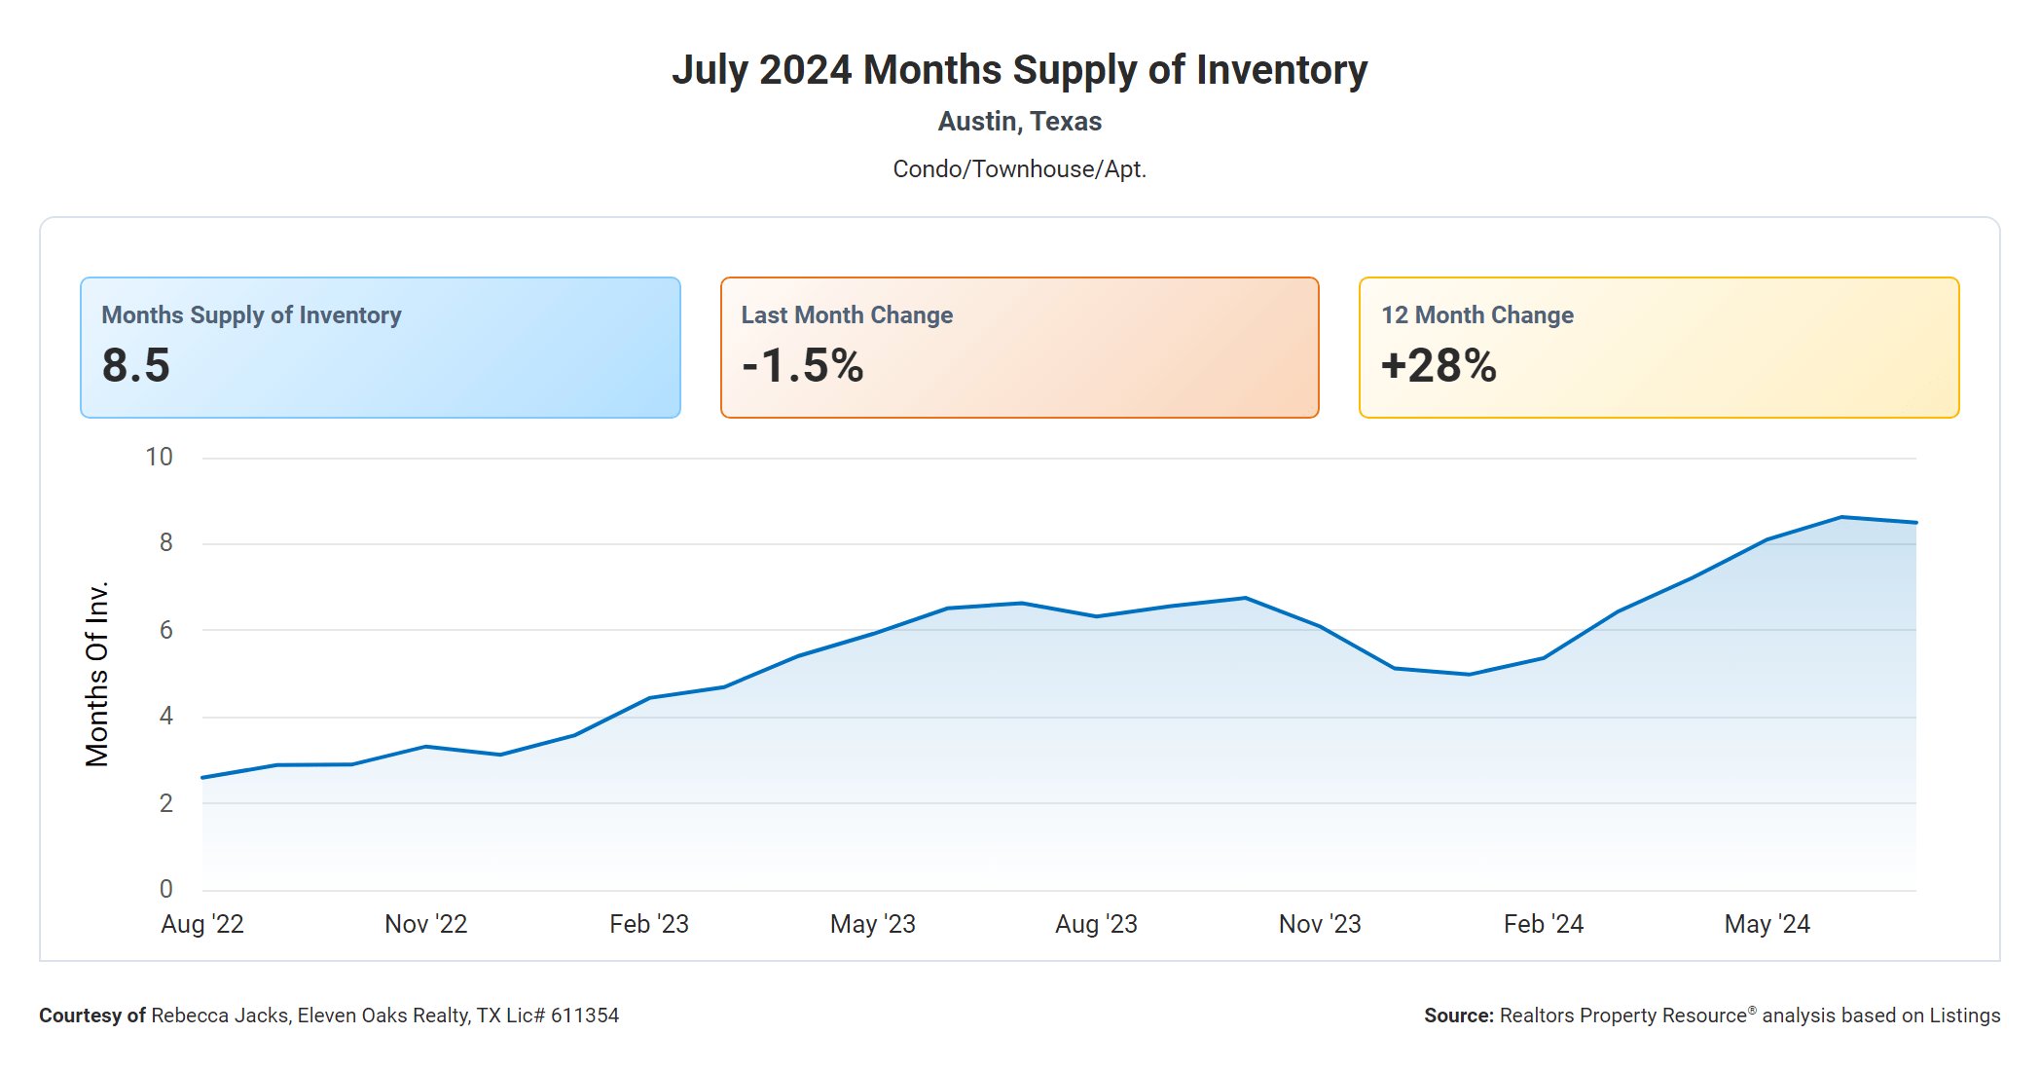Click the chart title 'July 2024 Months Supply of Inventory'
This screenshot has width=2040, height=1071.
click(1019, 70)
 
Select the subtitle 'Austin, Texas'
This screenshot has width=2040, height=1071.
click(1019, 122)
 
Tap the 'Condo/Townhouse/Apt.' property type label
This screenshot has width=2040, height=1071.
click(1019, 169)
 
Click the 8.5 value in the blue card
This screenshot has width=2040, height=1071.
click(136, 366)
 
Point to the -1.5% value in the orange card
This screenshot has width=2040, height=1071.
click(802, 366)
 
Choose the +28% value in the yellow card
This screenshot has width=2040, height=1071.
click(1439, 366)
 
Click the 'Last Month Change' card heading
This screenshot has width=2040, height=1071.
click(847, 315)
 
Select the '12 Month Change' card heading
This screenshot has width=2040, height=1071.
click(1476, 315)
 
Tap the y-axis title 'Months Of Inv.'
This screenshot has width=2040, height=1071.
click(97, 674)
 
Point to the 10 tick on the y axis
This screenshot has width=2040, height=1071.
click(159, 458)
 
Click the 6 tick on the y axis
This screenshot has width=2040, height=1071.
click(166, 631)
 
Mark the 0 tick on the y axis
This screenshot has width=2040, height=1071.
click(166, 889)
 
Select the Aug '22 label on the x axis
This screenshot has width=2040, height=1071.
click(202, 924)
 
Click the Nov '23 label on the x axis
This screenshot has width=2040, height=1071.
click(1320, 924)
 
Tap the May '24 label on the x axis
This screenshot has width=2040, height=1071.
click(1767, 924)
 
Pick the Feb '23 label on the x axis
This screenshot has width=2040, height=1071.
click(649, 924)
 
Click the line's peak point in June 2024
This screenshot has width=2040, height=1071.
click(1841, 517)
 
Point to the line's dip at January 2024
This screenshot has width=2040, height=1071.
click(1469, 674)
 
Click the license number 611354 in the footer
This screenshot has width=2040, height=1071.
click(585, 1016)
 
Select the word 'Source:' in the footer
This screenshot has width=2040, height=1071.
click(1458, 1016)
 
